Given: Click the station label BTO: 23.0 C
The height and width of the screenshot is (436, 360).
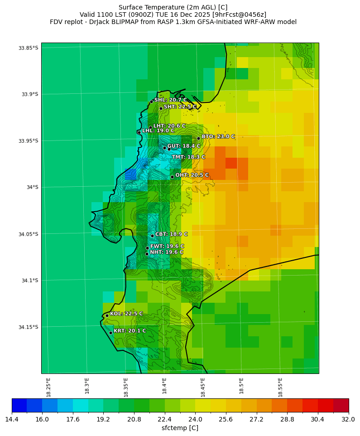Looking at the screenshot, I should (x=218, y=136).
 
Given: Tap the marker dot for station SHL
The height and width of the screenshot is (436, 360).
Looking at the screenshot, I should (x=151, y=102).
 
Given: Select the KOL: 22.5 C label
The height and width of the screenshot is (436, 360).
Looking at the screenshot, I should (x=126, y=314).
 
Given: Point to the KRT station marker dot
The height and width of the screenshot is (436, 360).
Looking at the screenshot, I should (x=110, y=333).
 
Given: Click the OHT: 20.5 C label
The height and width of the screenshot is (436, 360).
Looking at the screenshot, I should (x=192, y=175).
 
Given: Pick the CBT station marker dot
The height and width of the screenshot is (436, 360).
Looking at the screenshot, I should (x=152, y=236).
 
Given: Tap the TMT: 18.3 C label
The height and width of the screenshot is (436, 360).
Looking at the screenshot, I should (x=188, y=157).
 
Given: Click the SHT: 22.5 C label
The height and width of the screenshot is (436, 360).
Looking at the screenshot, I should (x=180, y=107).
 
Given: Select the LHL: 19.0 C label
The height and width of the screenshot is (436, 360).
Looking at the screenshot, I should (x=158, y=131).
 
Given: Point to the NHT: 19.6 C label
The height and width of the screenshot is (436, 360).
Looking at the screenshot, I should (x=167, y=252).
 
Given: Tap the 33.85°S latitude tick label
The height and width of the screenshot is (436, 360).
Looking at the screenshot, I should (x=28, y=48).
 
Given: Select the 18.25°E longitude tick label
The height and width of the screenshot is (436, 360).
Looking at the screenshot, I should (x=48, y=387).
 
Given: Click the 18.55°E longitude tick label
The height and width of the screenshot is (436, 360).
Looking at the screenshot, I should (x=280, y=387).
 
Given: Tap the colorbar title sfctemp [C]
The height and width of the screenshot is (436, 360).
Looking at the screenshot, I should (x=180, y=428).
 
